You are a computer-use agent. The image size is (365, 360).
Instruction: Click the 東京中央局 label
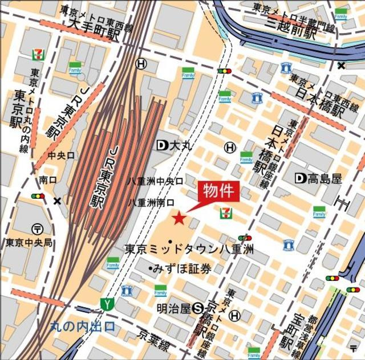click(x=29, y=243)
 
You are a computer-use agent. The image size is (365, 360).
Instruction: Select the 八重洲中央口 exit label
click(x=155, y=181)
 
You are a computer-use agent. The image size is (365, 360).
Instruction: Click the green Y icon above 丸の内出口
click(x=106, y=303)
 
